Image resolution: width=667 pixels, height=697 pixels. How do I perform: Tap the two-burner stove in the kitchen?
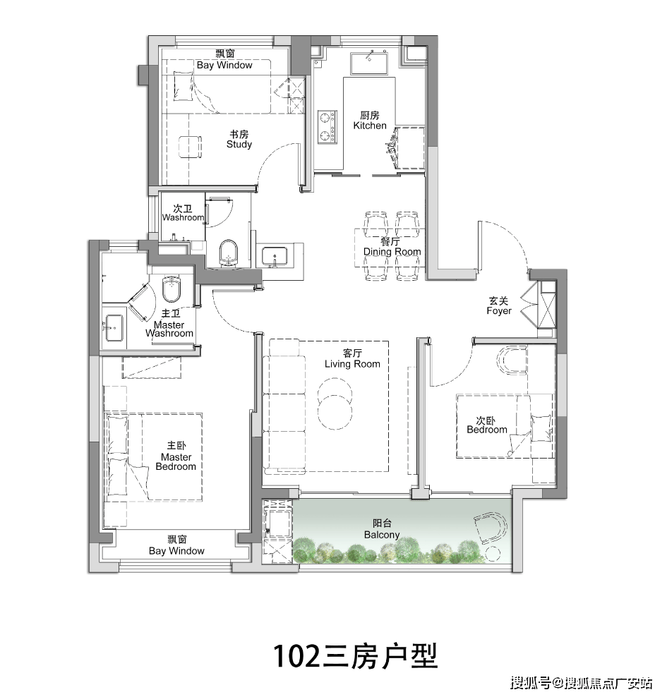[x=326, y=126]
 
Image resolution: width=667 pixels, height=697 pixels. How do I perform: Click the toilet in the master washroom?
[x=173, y=289]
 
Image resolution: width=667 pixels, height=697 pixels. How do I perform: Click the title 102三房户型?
[x=356, y=655]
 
